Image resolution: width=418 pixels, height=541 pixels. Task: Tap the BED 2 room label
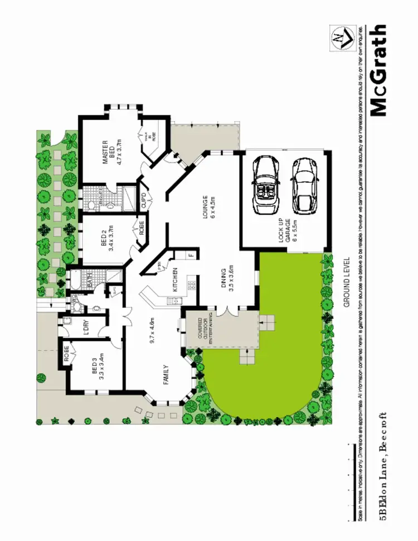pyautogui.click(x=108, y=240)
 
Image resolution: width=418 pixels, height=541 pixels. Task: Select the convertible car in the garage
pyautogui.click(x=266, y=186)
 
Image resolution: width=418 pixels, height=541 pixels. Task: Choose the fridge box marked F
pyautogui.click(x=191, y=255)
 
